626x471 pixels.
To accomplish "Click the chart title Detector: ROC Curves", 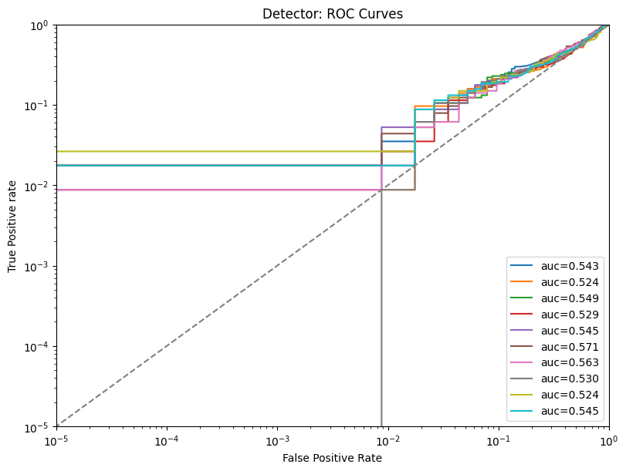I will [x=333, y=14].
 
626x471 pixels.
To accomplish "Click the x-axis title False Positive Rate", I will [x=332, y=458].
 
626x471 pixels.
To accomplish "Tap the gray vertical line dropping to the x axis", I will [x=381, y=347].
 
